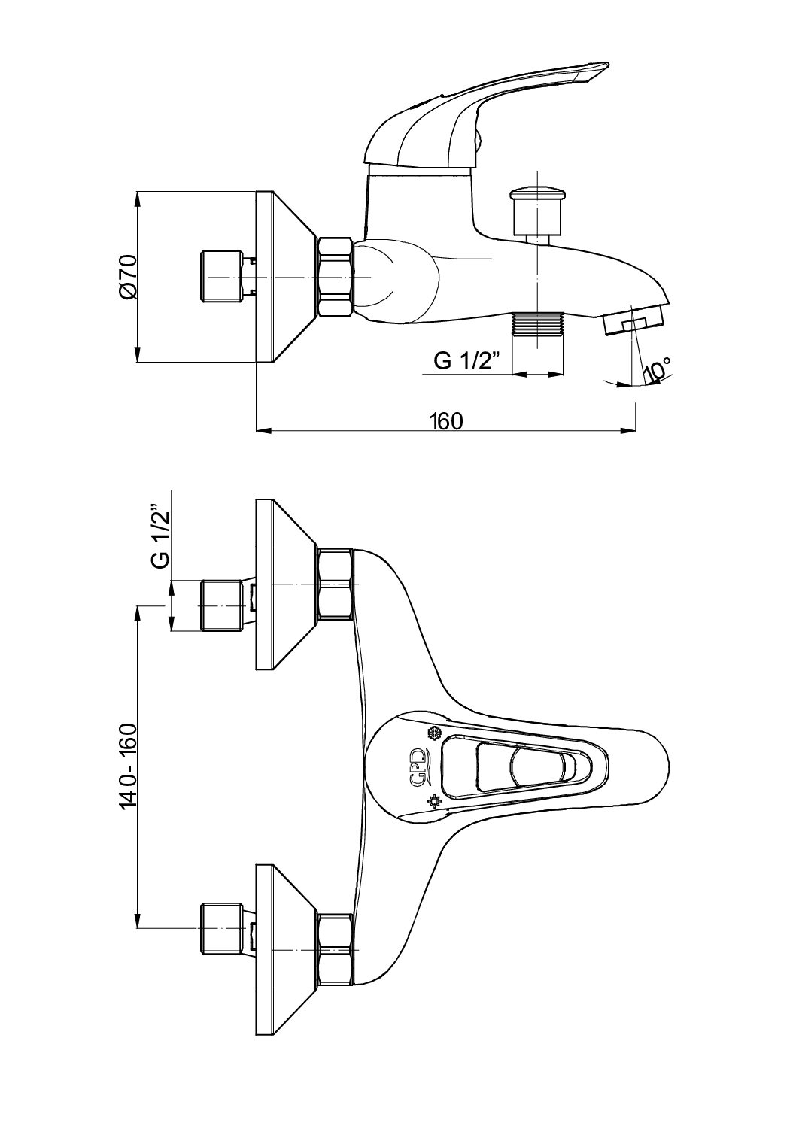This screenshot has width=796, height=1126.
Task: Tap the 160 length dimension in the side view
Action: click(x=445, y=420)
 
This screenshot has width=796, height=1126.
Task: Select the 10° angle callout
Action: click(x=657, y=370)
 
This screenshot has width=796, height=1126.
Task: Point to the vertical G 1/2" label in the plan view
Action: click(x=159, y=536)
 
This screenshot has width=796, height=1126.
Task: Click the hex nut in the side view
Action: click(x=336, y=278)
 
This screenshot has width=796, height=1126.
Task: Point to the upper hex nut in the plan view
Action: click(x=336, y=585)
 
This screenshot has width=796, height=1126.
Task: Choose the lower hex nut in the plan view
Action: click(x=336, y=949)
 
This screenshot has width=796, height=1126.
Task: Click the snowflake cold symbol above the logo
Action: click(x=433, y=733)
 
